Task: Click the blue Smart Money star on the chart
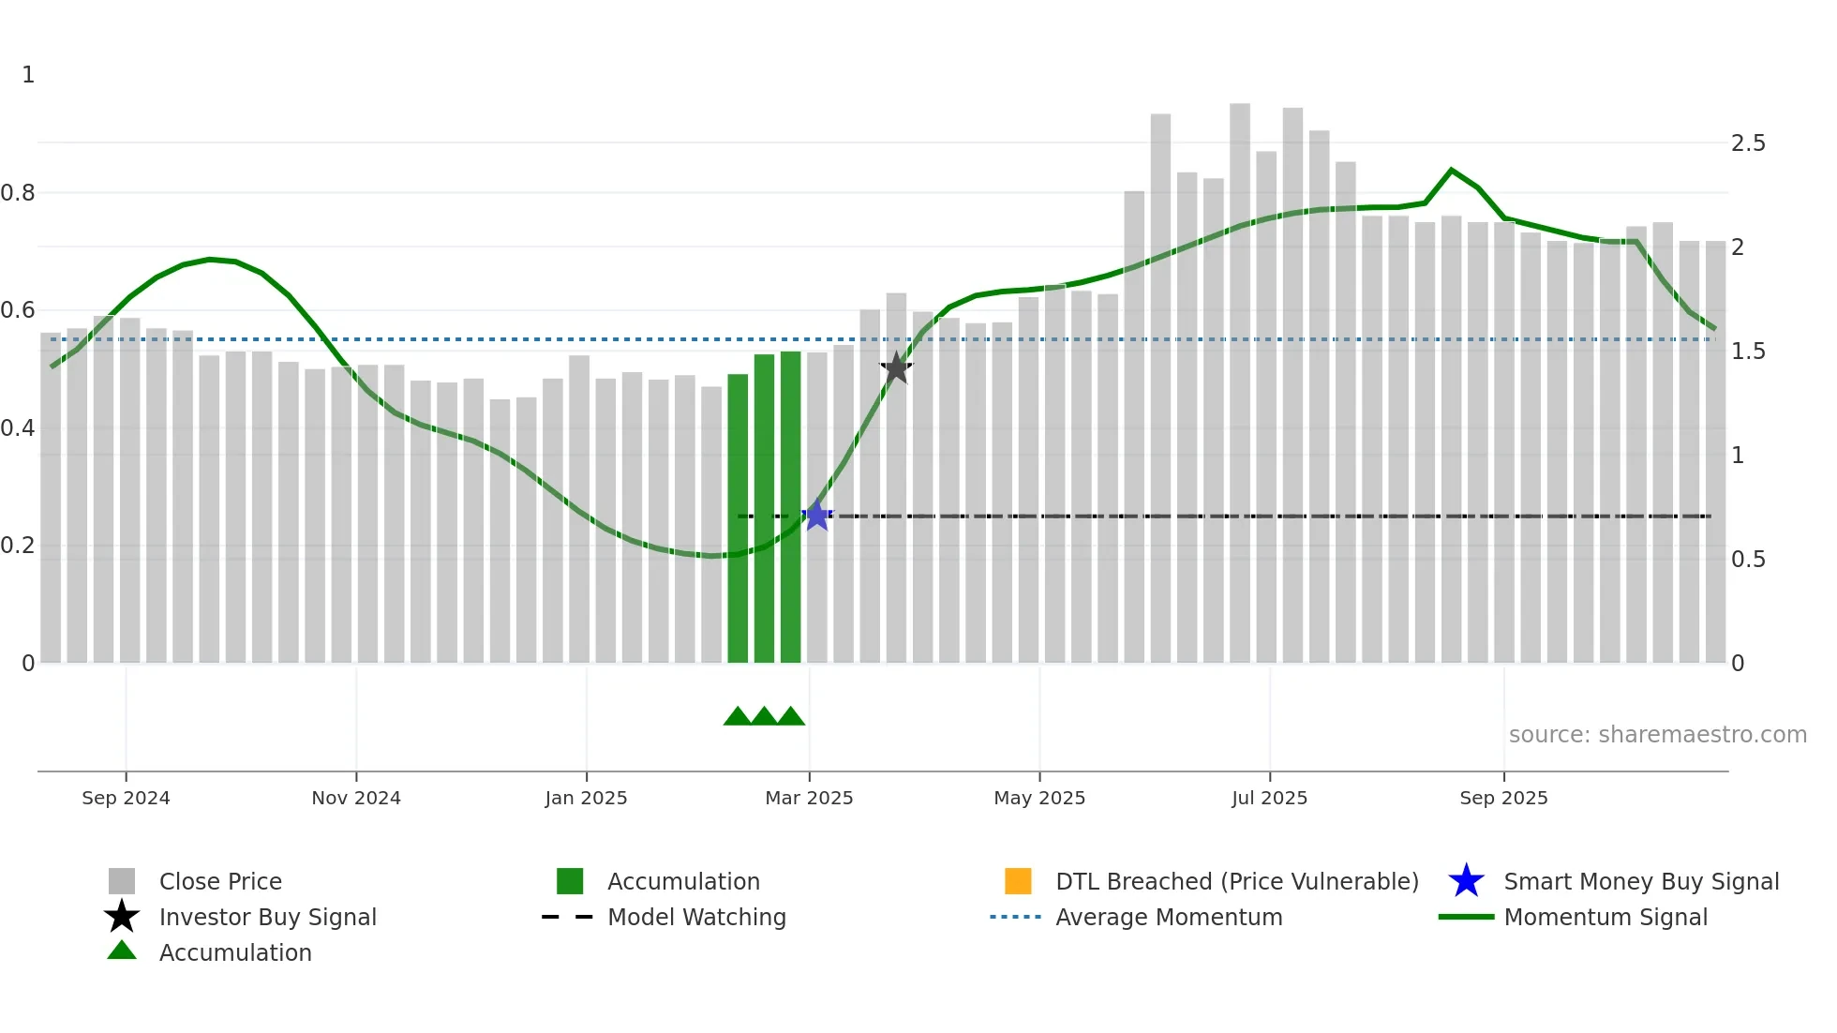click(x=817, y=515)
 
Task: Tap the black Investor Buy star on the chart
click(x=896, y=368)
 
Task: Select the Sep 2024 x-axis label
click(x=126, y=798)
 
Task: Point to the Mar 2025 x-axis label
click(x=809, y=798)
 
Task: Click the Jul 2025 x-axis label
click(x=1269, y=798)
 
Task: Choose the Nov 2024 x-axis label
click(x=356, y=798)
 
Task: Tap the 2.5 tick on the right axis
click(x=1748, y=143)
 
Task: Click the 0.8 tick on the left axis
click(x=18, y=193)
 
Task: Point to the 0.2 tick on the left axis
click(x=18, y=546)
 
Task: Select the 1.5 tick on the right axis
click(x=1748, y=352)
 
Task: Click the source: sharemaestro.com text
click(x=1657, y=735)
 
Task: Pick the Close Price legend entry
click(x=220, y=881)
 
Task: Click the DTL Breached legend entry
click(x=1236, y=881)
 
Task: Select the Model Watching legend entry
click(x=696, y=917)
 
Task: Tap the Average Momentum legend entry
click(x=1168, y=917)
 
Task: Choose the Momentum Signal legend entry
click(x=1605, y=917)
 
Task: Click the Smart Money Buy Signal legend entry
click(x=1640, y=881)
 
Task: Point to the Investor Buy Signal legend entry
click(x=267, y=917)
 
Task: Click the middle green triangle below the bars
click(x=764, y=717)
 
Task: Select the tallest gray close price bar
click(x=1240, y=375)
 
